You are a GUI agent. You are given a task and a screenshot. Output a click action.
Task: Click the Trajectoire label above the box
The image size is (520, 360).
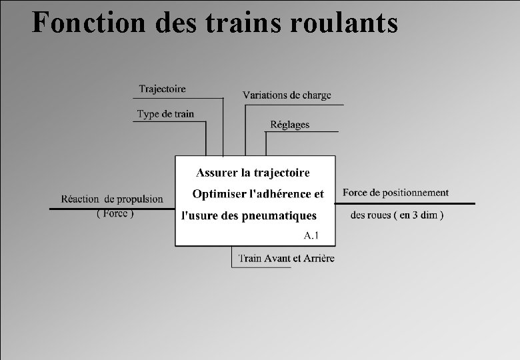click(x=162, y=89)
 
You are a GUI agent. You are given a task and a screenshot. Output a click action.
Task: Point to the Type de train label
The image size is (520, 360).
click(x=165, y=114)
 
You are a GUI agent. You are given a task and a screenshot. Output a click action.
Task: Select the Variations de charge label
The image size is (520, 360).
click(x=287, y=95)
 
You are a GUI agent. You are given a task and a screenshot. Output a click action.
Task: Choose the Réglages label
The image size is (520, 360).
click(x=289, y=125)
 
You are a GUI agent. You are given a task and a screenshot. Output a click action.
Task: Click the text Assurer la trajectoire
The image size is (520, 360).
click(x=253, y=173)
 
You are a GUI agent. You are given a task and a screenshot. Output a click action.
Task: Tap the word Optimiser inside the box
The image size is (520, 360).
click(x=218, y=194)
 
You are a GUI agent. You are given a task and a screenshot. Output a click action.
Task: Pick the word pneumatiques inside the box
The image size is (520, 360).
click(x=279, y=215)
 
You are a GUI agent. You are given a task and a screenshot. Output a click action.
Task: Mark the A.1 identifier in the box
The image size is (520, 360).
click(x=311, y=235)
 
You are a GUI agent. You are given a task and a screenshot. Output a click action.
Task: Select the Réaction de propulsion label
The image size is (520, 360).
click(x=112, y=199)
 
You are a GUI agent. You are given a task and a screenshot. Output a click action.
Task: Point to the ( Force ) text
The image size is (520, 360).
click(x=115, y=214)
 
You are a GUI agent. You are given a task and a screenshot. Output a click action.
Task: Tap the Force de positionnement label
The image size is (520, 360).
click(x=395, y=193)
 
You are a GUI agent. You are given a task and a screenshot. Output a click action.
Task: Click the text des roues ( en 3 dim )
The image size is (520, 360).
click(x=397, y=215)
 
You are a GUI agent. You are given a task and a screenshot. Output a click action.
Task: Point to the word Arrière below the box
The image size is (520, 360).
click(x=319, y=259)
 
